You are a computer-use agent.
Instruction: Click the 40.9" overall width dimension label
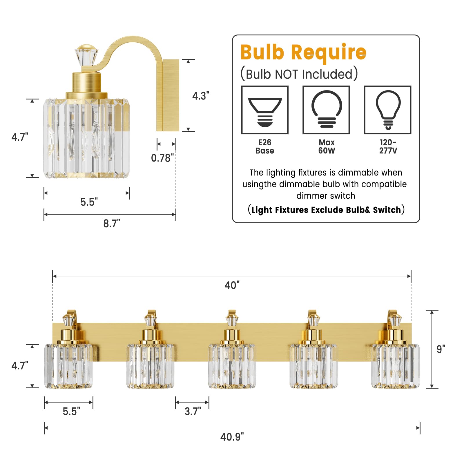(232, 437)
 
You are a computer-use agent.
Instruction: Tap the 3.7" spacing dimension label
(193, 411)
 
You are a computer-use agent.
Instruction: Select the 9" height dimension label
(441, 349)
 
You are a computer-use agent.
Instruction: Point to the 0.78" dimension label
(162, 158)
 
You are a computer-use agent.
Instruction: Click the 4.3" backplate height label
(201, 96)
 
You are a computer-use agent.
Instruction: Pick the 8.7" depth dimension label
(112, 224)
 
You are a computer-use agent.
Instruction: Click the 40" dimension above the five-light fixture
(232, 285)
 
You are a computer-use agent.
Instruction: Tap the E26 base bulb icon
(265, 110)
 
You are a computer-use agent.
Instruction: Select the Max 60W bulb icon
(326, 110)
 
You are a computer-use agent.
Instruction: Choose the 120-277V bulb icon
(388, 110)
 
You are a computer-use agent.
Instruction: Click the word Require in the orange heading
(329, 53)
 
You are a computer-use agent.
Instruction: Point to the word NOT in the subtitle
(286, 74)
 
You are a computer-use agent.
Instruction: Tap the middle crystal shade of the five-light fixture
(232, 366)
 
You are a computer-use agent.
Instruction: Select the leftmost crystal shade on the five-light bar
(68, 366)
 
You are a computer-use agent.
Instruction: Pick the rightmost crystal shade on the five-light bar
(396, 366)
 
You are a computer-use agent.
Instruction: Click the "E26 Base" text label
(265, 146)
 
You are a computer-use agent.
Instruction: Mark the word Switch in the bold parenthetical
(387, 210)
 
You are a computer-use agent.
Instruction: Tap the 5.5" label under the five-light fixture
(71, 411)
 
